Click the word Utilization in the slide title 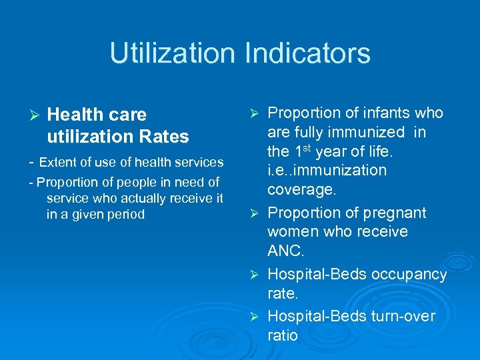coord(171,53)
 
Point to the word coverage coord(301,189)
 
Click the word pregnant coord(390,213)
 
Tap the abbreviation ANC coord(285,251)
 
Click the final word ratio coord(283,335)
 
